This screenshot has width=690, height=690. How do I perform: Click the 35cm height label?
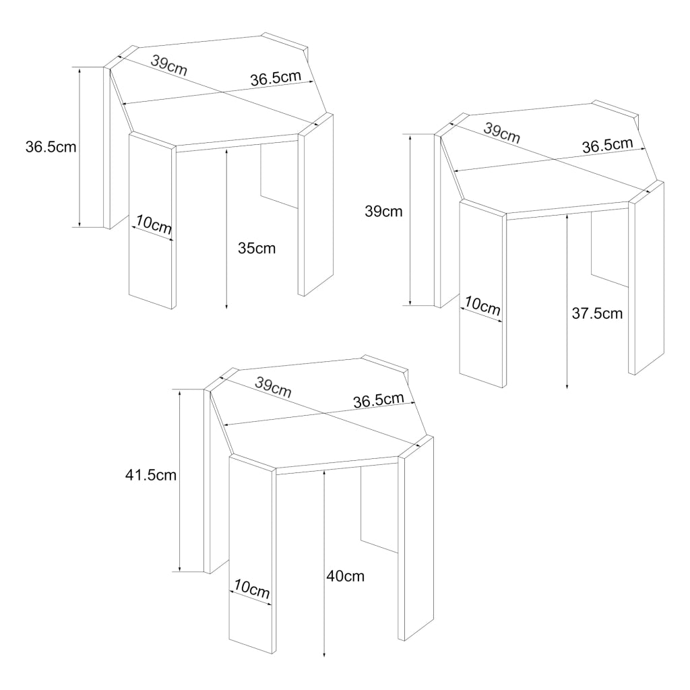[x=257, y=248]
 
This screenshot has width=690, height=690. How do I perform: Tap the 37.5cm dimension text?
[x=597, y=313]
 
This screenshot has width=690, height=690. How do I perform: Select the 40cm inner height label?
[x=346, y=576]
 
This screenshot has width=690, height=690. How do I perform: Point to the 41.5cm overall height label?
[x=151, y=475]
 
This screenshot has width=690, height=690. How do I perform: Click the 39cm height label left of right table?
[x=383, y=211]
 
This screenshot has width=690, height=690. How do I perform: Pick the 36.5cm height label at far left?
[x=51, y=147]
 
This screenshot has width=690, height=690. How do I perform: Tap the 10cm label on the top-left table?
[x=154, y=224]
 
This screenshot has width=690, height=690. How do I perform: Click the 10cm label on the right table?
[x=482, y=305]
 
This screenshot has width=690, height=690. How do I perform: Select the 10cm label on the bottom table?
[x=252, y=588]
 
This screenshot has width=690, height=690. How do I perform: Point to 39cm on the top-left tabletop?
[x=169, y=65]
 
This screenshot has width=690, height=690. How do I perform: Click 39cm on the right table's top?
[x=501, y=133]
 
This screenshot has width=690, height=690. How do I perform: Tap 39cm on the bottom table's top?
[x=273, y=387]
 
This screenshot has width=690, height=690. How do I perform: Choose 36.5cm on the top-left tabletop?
[x=276, y=78]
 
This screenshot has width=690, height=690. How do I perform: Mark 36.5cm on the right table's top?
[x=608, y=146]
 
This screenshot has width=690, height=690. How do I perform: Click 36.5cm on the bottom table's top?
[x=379, y=400]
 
